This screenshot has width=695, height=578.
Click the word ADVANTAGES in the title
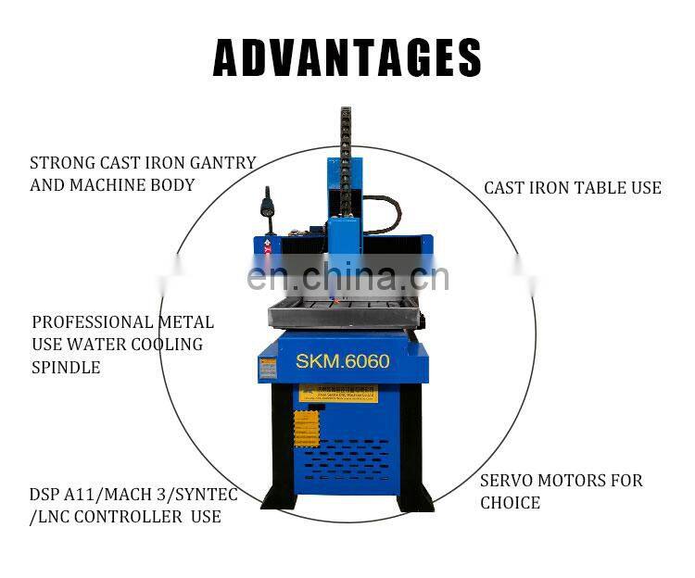347,57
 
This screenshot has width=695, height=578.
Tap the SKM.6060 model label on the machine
342,361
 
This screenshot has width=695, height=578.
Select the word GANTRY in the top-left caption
224,162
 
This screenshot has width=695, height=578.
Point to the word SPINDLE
66,367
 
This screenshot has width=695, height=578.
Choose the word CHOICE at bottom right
510,503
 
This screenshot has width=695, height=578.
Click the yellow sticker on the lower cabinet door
306,429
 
